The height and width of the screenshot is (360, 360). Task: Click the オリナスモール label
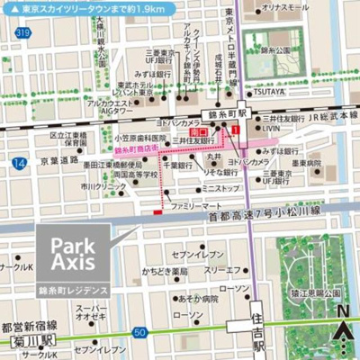281,8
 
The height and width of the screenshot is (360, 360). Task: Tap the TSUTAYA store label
267,91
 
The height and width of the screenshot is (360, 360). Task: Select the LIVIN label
272,129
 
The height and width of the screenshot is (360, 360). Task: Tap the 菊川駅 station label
28,342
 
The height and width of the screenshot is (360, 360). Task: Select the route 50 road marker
140,332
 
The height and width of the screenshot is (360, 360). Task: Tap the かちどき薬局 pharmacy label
166,271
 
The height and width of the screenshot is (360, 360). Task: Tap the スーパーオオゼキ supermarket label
93,311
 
